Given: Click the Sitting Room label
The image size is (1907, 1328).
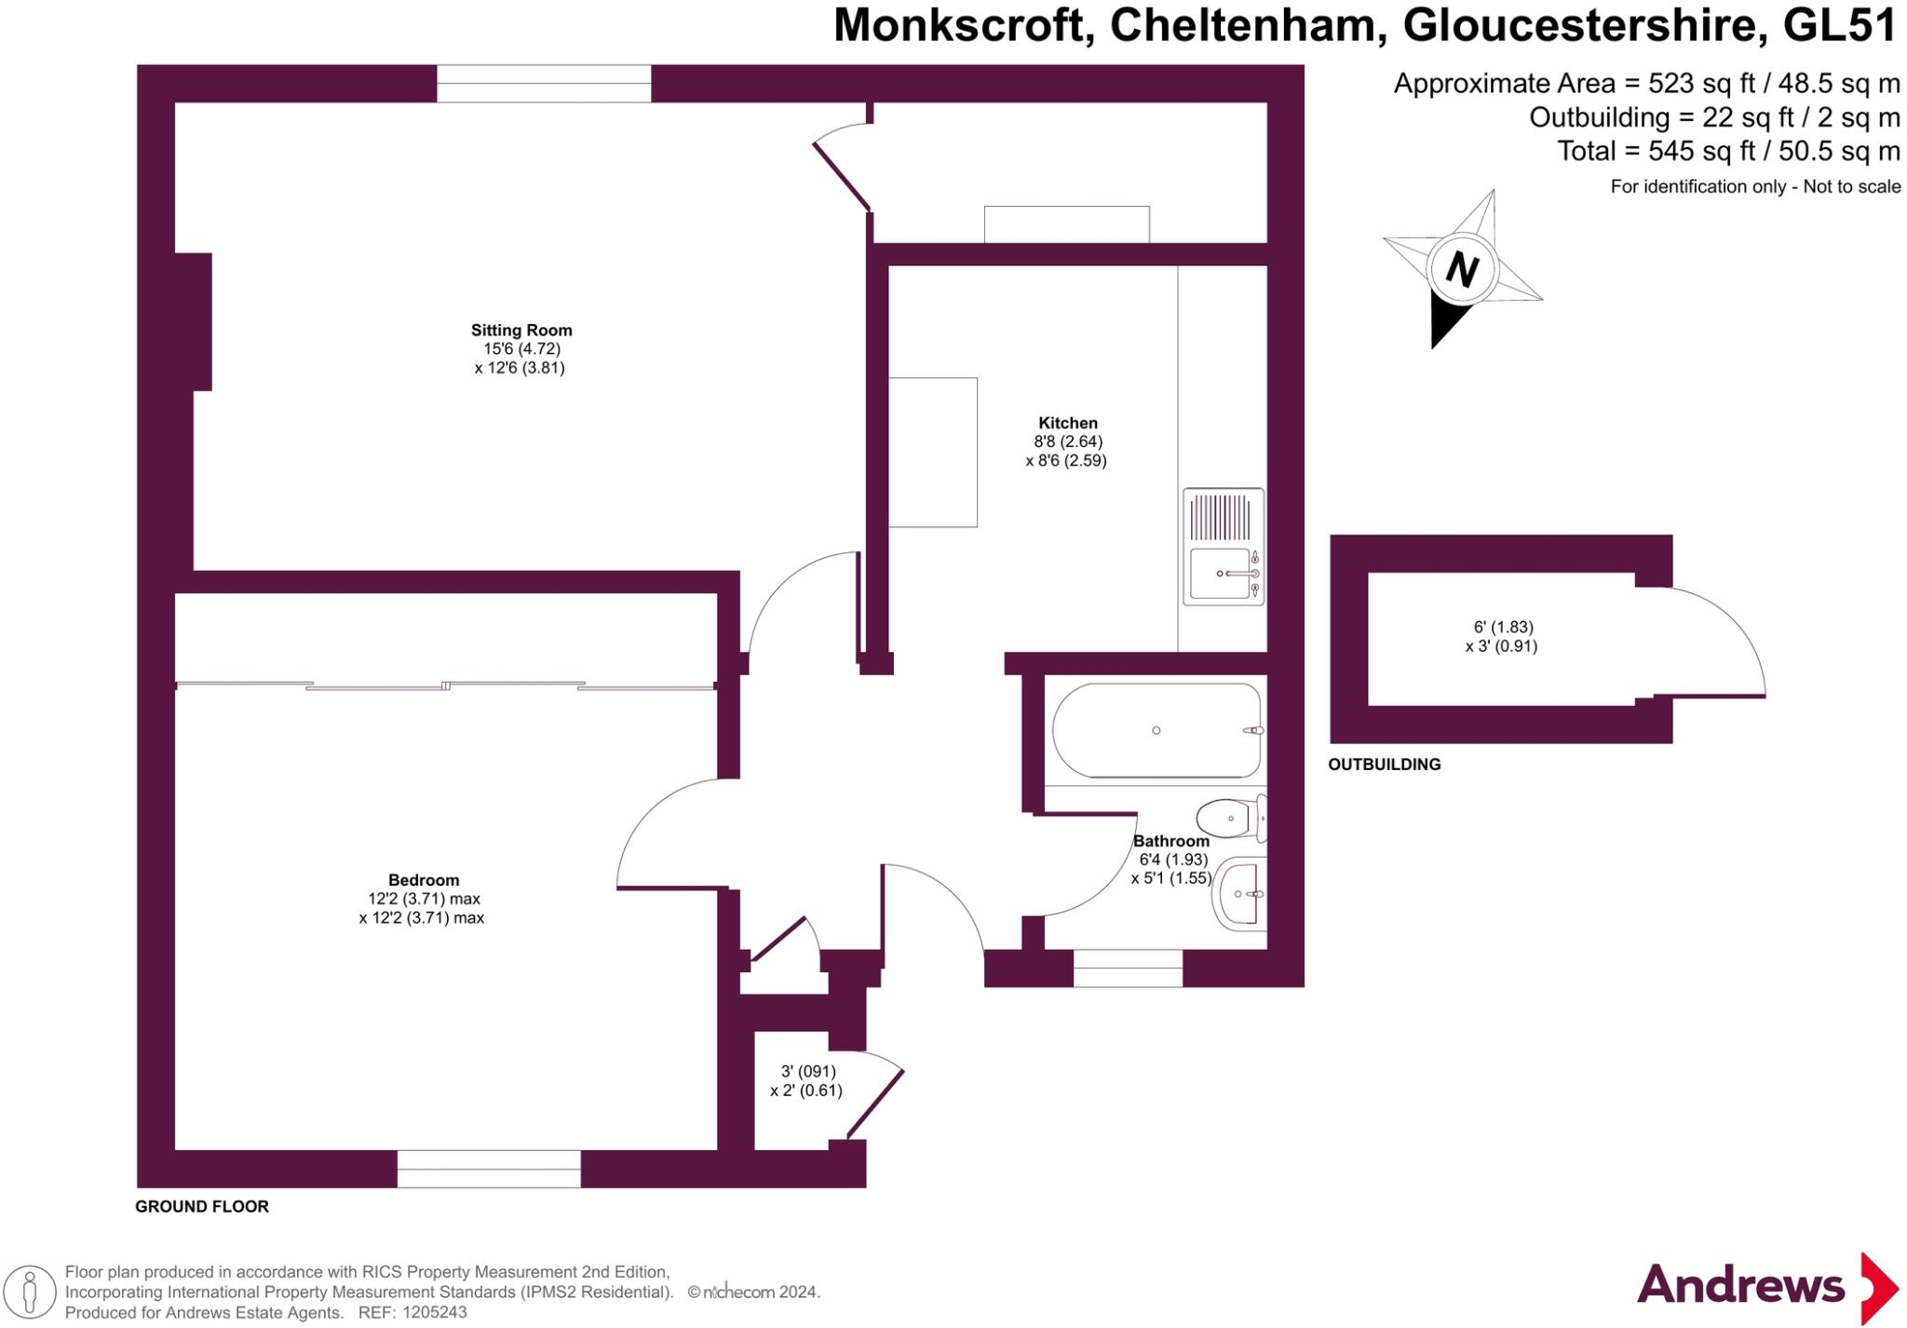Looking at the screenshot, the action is tap(521, 330).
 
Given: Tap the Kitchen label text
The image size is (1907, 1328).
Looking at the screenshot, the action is tap(1068, 423).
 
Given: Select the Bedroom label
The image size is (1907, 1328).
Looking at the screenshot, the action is tap(424, 880).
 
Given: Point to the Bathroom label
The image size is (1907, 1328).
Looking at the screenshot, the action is tap(1171, 841).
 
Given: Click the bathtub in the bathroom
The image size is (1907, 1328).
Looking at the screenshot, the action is tap(1157, 730).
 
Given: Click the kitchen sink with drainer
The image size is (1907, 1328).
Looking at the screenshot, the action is tap(1224, 547).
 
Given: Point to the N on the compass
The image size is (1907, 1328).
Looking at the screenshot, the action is tap(1462, 270).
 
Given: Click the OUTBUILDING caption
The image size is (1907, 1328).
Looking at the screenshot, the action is tap(1384, 765).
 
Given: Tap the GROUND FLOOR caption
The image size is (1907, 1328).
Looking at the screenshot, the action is tap(202, 1207).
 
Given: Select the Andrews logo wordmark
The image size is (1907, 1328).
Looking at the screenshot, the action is tap(1740, 1285).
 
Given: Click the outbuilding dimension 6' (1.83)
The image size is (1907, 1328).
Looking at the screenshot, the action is tap(1503, 628).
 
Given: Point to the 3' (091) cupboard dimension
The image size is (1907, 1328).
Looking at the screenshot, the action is tap(808, 1071).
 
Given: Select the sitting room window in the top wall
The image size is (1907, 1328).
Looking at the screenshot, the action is tap(544, 84).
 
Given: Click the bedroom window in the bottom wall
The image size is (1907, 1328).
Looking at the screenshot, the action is tap(489, 1169).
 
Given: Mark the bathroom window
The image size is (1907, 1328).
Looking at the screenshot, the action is tap(1128, 969).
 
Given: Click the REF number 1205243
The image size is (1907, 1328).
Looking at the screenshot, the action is tap(434, 1313).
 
